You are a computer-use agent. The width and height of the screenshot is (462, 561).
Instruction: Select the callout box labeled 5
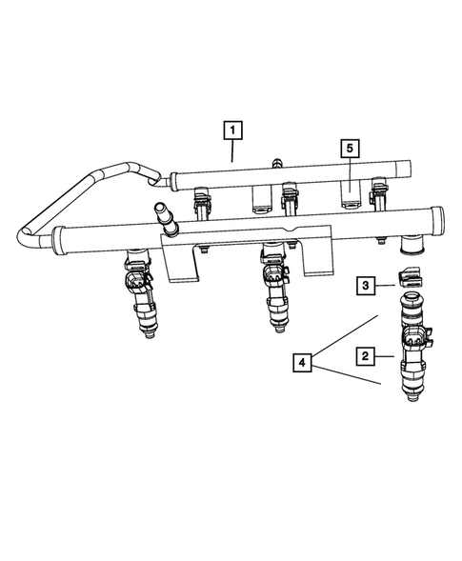(x=350, y=147)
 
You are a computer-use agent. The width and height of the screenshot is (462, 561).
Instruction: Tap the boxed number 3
(x=366, y=284)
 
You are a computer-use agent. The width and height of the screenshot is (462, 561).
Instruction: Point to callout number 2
(x=365, y=356)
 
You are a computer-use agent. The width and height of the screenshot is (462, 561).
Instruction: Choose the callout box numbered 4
(x=302, y=363)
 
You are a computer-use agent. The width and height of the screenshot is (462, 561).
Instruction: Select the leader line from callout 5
(x=350, y=171)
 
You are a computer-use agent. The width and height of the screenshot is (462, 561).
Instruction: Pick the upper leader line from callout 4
(x=350, y=332)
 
